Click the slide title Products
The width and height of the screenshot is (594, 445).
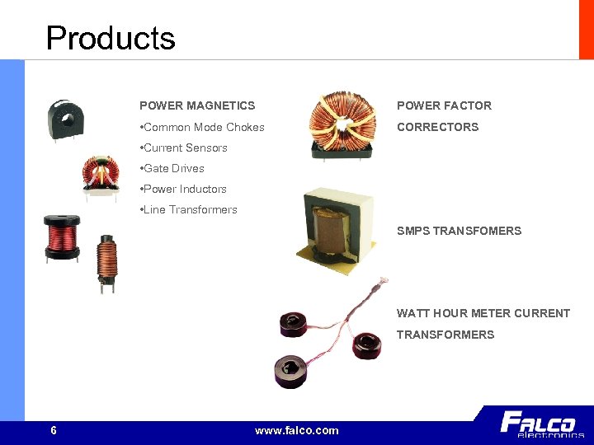[x=111, y=38]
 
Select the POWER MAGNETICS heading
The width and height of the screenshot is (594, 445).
[x=197, y=105]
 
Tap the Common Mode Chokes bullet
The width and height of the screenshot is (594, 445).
[x=204, y=127]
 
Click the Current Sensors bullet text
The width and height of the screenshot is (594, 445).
[x=185, y=148]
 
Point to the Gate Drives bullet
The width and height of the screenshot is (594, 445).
[x=173, y=168]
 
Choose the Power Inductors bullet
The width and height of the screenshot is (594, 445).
[x=185, y=189]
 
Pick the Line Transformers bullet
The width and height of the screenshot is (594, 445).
[x=190, y=209]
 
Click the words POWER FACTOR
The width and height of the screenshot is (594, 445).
[x=444, y=105]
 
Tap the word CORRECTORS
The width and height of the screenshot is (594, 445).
[x=437, y=127]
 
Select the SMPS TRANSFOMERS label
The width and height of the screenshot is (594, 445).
[x=459, y=231]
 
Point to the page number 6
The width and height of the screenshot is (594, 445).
[x=54, y=430]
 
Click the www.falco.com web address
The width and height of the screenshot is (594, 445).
[x=297, y=430]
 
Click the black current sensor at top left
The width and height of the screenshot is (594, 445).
[x=63, y=119]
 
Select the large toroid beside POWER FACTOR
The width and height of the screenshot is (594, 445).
[x=341, y=124]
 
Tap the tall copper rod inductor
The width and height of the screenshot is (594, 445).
[x=106, y=262]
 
